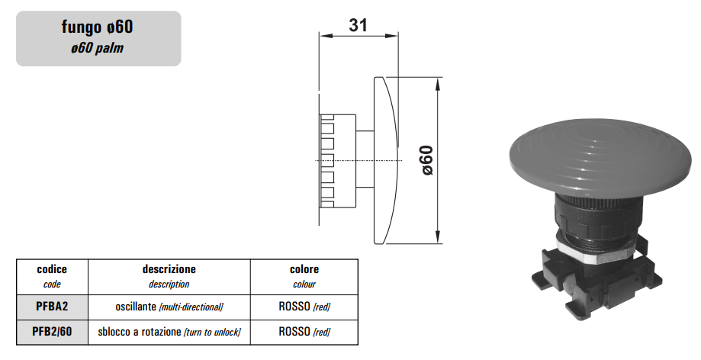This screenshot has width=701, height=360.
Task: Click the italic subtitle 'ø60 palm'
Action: point(98,48)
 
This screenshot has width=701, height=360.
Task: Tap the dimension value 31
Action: point(358,25)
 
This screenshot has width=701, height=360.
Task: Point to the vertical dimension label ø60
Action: point(427,161)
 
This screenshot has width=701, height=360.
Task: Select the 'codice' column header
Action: point(52,269)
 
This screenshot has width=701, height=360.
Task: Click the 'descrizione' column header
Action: point(169,269)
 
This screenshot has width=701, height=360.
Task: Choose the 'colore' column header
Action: point(304,269)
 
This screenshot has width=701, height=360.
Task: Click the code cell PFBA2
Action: point(52,307)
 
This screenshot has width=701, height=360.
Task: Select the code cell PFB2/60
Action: point(52,332)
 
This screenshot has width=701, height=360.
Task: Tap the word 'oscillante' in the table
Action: point(136,307)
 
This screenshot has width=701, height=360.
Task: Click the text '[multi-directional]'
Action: point(191,307)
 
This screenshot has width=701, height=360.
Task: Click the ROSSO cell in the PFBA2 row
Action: point(304,307)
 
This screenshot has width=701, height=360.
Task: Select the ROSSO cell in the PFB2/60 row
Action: point(304,332)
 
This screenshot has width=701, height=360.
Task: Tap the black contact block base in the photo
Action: point(587,278)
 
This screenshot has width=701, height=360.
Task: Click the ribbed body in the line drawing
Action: point(335,161)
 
